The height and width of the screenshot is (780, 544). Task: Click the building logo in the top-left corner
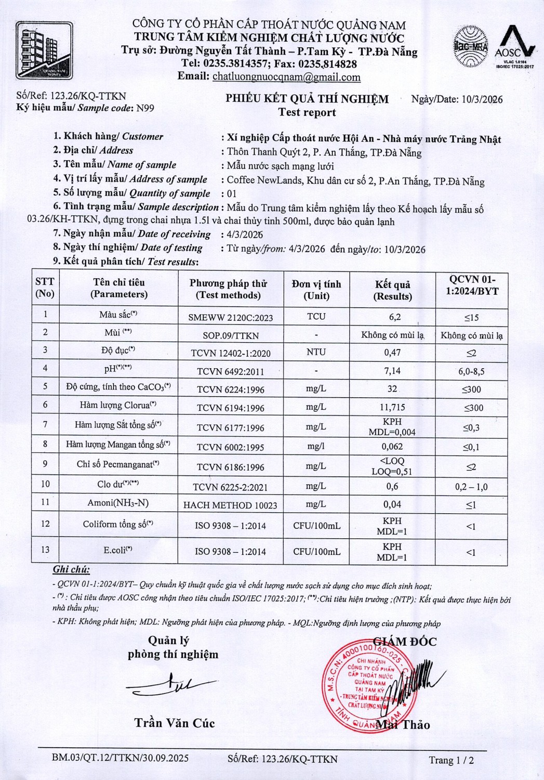click(44, 50)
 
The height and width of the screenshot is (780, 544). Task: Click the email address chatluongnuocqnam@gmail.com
click(286, 77)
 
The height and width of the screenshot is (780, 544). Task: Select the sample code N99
click(145, 108)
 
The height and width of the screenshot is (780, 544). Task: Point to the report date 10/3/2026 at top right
click(482, 100)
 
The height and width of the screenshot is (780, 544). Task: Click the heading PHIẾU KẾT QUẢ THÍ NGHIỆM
click(307, 99)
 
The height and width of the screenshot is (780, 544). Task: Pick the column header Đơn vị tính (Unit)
click(316, 290)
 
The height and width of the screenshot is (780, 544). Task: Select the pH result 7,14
click(392, 371)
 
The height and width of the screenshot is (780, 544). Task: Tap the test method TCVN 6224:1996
click(230, 389)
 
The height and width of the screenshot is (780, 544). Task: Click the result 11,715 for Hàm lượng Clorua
click(392, 407)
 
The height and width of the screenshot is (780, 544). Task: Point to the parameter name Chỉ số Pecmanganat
click(118, 464)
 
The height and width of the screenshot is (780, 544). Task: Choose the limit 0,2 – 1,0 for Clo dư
click(471, 487)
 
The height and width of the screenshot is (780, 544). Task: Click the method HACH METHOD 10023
click(230, 505)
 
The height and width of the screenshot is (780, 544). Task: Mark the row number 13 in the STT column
click(45, 550)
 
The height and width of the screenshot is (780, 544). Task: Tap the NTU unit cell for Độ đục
click(316, 352)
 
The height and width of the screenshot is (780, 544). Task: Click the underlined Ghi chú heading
click(71, 570)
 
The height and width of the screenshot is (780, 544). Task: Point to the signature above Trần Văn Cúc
click(171, 687)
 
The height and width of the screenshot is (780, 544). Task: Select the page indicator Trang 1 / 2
click(451, 760)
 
